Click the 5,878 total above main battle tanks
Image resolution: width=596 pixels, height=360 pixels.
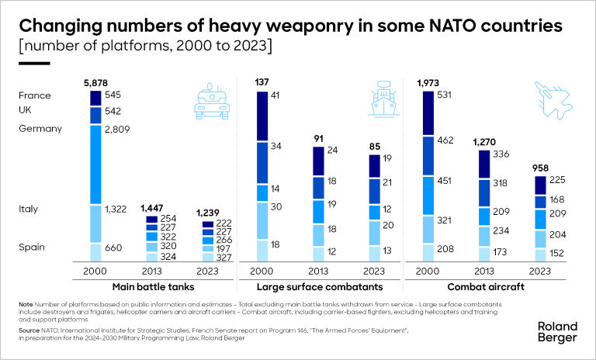(x=96, y=82)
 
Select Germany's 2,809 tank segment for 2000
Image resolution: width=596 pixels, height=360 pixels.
(x=96, y=164)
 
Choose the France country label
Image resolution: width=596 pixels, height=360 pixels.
(x=35, y=95)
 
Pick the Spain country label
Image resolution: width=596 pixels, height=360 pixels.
(x=33, y=247)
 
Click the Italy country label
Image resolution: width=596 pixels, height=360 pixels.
(x=29, y=209)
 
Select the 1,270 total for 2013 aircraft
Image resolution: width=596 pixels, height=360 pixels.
(x=484, y=143)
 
